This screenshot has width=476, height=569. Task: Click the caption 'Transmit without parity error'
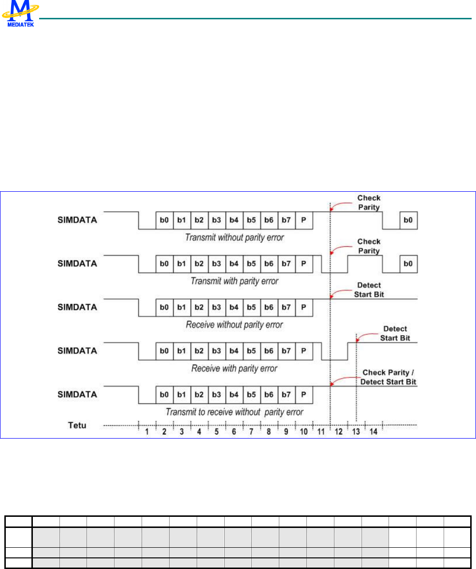[x=235, y=237]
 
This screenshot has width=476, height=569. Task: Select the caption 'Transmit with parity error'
[x=235, y=281]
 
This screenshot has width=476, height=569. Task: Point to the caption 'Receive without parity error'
[x=235, y=325]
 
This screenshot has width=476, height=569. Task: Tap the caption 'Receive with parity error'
[x=235, y=369]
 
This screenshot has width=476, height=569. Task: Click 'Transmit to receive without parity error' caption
[x=235, y=412]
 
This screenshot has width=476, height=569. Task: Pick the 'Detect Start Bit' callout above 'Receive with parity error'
[x=395, y=333]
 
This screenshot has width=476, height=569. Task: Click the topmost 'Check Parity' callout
[x=369, y=202]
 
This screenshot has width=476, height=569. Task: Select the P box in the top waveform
[x=303, y=220]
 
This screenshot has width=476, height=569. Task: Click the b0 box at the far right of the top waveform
[x=408, y=220]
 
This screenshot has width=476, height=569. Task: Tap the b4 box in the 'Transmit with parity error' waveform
[x=234, y=264]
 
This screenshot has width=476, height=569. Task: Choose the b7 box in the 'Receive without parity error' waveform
[x=286, y=307]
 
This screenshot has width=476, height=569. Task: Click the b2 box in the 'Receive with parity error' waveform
[x=199, y=351]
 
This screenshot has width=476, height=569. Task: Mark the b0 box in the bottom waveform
[x=164, y=395]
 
